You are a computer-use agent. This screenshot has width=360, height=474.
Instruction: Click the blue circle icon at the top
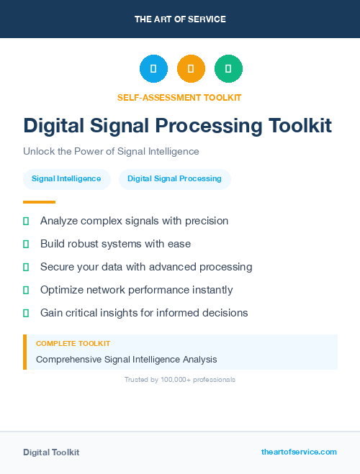[x=153, y=69]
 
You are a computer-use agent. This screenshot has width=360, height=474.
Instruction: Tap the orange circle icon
[x=191, y=69]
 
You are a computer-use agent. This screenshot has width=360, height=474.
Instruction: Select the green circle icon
[x=228, y=69]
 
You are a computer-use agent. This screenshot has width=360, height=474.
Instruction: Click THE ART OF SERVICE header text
[x=180, y=19]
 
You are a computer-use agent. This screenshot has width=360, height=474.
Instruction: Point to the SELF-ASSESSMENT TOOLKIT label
[x=179, y=97]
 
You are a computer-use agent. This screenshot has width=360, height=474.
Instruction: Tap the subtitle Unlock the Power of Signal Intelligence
[x=111, y=152]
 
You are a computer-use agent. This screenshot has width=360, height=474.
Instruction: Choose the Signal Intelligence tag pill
[x=66, y=178]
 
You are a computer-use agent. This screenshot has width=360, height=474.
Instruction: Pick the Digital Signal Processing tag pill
[x=174, y=178]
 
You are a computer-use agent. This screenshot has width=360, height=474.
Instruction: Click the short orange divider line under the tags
[x=39, y=202]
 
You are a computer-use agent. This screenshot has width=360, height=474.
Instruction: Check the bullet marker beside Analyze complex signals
[x=26, y=221]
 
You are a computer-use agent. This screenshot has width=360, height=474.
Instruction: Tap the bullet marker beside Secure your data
[x=26, y=267]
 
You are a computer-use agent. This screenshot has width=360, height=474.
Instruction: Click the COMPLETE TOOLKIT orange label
[x=73, y=344]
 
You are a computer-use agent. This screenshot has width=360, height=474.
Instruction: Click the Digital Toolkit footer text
[x=51, y=452]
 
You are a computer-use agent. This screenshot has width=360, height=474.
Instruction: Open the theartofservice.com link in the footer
[x=299, y=452]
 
